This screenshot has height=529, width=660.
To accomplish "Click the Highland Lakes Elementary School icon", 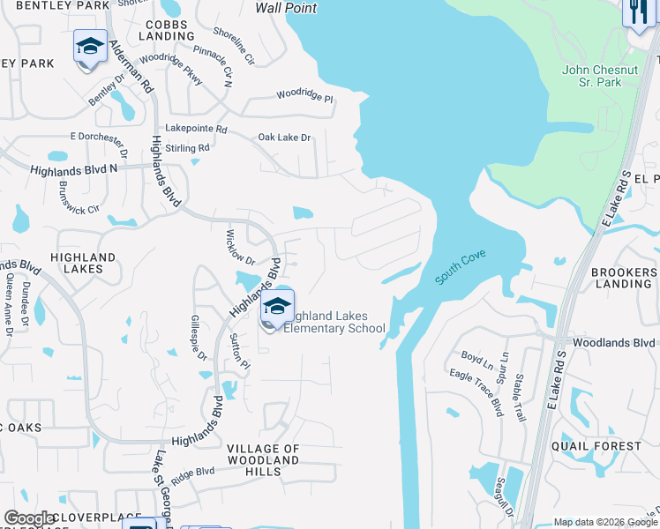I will [277, 307].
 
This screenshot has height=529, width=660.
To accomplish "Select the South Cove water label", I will [460, 267].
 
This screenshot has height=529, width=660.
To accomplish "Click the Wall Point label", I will [286, 8].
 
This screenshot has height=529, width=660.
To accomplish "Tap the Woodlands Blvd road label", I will [613, 342].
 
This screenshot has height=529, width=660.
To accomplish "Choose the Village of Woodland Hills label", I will [264, 460].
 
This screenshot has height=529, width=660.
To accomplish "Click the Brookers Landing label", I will [623, 278].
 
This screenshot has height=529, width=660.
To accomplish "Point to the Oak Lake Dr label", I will [284, 138].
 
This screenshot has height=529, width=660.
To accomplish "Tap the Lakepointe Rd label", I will [197, 129].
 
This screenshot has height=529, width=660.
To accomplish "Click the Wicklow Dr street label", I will [238, 250].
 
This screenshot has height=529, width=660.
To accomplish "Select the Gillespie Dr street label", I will [199, 339].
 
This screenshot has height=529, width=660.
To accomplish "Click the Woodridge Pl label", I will [304, 95].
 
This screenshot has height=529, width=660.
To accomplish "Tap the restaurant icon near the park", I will [635, 12].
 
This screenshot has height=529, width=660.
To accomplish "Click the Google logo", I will [30, 518].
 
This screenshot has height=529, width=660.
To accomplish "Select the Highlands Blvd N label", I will [74, 169].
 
